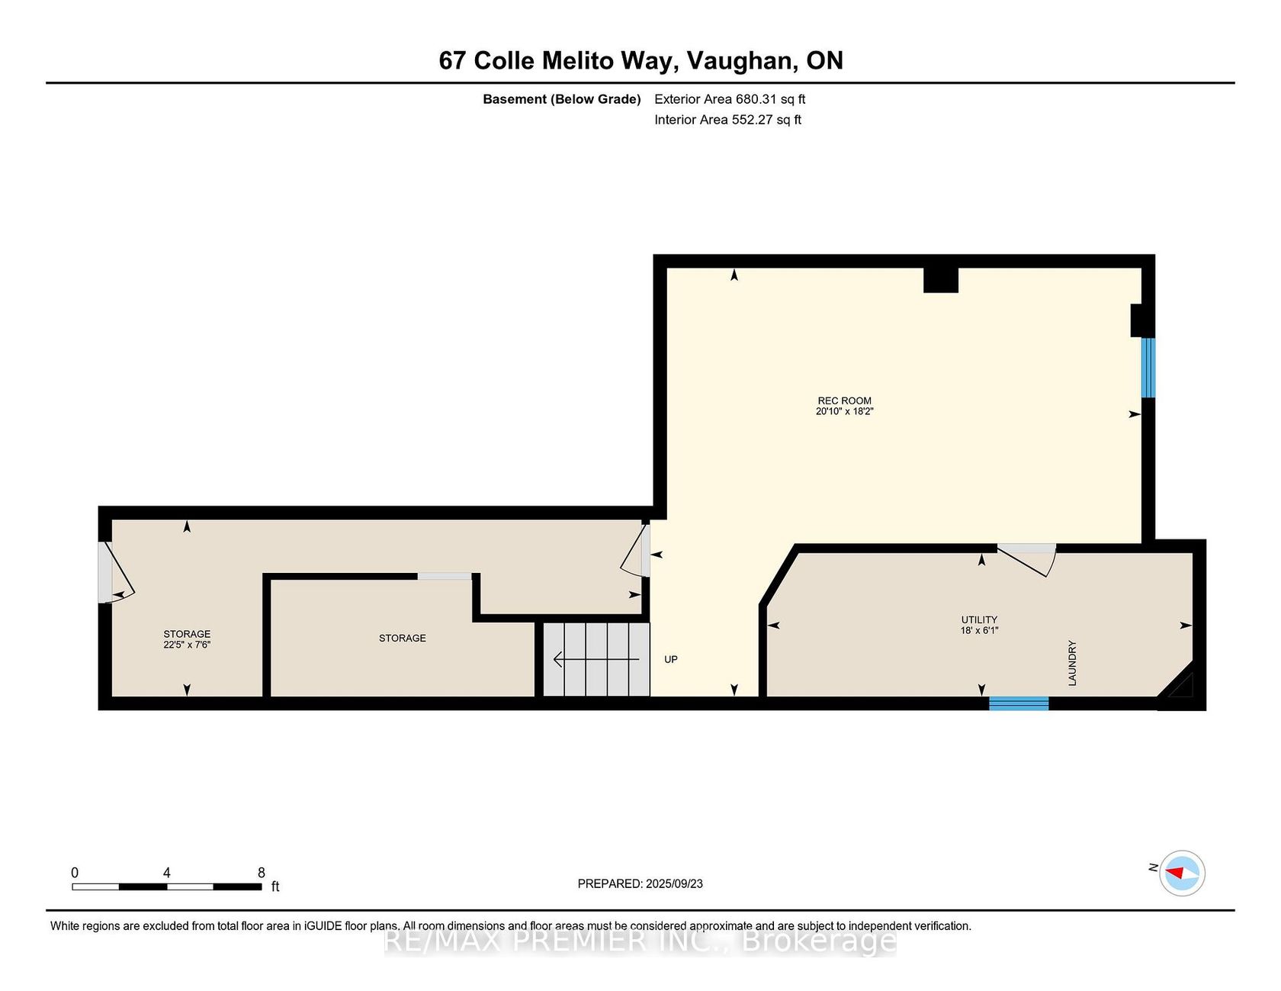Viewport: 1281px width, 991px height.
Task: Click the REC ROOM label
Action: [x=844, y=401]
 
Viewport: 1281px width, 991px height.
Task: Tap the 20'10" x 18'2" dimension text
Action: [x=844, y=411]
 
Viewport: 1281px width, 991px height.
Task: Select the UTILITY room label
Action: [x=979, y=619]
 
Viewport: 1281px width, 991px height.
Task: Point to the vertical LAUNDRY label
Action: [x=1072, y=663]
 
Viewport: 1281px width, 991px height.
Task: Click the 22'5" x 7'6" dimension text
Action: [x=187, y=645]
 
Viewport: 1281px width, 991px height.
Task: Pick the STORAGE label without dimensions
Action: [x=403, y=638]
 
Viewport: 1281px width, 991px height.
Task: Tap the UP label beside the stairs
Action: [x=671, y=659]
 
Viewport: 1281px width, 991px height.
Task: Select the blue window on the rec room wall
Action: [x=1148, y=368]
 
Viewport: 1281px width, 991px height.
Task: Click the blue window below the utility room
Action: [x=1019, y=703]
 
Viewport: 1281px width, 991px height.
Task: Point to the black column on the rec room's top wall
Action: [x=941, y=279]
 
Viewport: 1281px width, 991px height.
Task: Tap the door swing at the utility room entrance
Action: [x=1027, y=559]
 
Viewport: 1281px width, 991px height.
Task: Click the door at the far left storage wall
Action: [x=116, y=572]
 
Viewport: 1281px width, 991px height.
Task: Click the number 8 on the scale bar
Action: [x=262, y=873]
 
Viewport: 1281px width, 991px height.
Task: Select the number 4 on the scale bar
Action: [x=166, y=873]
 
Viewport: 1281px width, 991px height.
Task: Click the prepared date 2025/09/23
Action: [x=674, y=883]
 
